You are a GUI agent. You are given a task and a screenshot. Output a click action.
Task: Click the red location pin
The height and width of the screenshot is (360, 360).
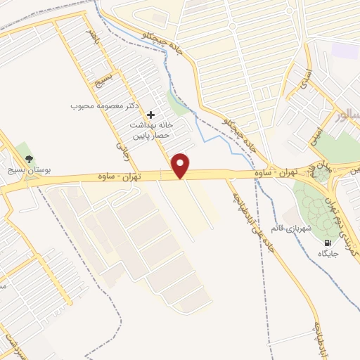click(x=181, y=165)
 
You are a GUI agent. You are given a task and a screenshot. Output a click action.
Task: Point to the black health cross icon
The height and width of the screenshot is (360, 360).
click(x=150, y=114)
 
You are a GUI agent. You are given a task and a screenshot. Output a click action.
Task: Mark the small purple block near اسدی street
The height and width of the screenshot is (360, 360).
click(x=345, y=51)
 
